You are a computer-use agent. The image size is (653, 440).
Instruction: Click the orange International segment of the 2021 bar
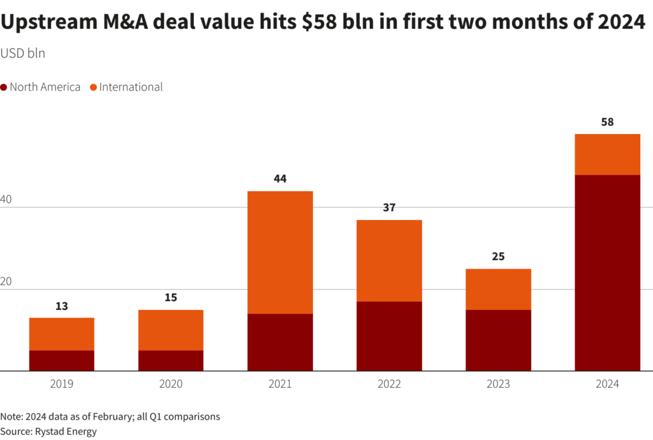[280, 252]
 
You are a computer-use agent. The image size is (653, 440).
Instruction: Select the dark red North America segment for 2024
[607, 272]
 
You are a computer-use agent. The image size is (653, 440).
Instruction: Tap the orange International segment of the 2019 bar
[62, 334]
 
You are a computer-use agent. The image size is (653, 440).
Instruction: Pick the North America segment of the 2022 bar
[389, 335]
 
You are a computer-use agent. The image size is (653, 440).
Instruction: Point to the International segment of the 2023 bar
[498, 289]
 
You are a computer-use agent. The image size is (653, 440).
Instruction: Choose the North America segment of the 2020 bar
[171, 360]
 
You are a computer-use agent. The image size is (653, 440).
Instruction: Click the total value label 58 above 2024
[607, 122]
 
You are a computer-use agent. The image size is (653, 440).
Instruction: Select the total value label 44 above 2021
[280, 179]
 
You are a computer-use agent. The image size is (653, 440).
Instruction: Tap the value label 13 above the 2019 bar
[62, 305]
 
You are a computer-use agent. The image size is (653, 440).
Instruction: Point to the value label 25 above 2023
[498, 256]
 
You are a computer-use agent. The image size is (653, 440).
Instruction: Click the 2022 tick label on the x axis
[389, 384]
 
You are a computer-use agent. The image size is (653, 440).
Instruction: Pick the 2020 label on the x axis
[171, 384]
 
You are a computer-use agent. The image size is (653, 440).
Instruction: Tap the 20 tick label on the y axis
[6, 281]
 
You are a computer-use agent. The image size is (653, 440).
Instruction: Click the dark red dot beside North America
[4, 87]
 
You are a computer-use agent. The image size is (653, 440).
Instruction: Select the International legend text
[131, 87]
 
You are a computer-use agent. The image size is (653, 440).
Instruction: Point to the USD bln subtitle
[23, 53]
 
